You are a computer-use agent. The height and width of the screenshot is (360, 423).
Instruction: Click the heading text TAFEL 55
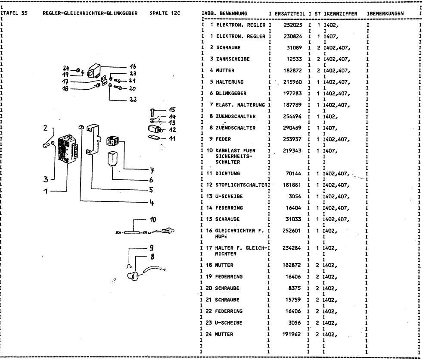coord(16,13)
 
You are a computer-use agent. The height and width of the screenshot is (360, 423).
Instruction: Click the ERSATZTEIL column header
coord(289,13)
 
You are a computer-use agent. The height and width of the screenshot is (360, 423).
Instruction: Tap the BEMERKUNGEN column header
coord(386,13)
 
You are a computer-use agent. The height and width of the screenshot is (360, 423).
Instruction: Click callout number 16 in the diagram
coord(133,67)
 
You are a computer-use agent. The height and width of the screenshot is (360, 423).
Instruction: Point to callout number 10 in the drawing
coord(152,219)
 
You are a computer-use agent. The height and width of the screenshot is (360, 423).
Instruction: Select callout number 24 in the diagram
coord(66,68)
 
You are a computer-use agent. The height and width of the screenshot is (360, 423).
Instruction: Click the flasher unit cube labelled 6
coord(113,158)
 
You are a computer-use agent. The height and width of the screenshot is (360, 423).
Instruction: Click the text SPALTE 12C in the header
coord(165,13)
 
